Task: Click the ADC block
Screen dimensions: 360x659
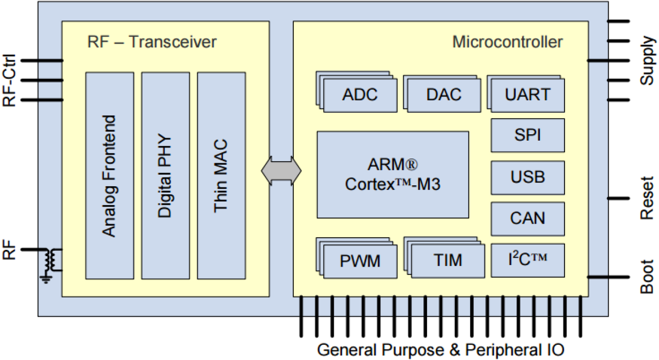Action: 360,95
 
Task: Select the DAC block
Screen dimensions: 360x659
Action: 444,95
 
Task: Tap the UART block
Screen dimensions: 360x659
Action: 528,95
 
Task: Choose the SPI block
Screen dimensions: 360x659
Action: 528,135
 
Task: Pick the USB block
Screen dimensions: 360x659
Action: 528,177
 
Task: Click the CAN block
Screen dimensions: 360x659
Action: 528,218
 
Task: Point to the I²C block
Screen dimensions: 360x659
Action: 528,260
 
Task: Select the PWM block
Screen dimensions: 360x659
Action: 360,261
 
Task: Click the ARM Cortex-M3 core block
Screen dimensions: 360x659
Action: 392,175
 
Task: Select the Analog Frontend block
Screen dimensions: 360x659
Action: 109,175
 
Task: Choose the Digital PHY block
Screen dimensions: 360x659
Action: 165,175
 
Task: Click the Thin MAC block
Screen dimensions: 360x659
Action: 221,175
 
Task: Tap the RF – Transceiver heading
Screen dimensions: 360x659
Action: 152,42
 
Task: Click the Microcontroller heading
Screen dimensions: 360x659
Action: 507,42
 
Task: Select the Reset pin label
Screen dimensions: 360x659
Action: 647,198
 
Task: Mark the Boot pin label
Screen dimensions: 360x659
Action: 647,277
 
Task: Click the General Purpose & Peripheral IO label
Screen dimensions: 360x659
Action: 441,350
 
